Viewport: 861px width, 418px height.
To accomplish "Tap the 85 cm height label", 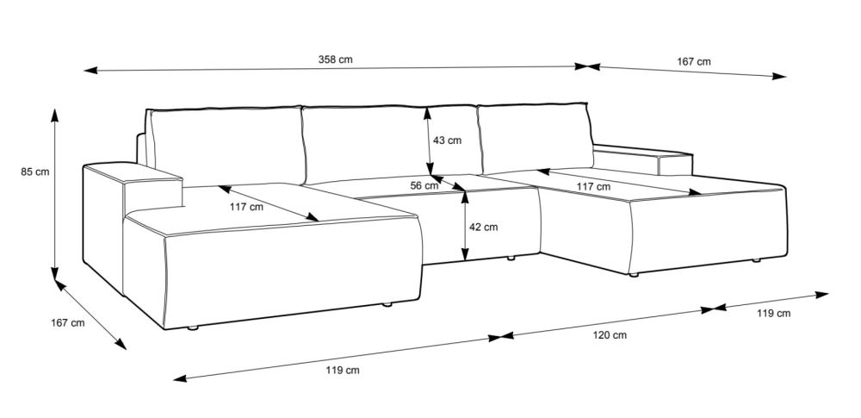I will click(35, 172).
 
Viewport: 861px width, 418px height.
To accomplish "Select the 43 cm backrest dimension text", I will click(448, 140).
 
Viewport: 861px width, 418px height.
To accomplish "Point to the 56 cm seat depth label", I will click(424, 185).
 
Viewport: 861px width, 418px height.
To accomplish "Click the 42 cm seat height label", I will click(483, 228).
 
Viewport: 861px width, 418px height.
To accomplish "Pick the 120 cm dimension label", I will click(609, 334).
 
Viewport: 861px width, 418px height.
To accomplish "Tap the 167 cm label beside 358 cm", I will click(693, 62).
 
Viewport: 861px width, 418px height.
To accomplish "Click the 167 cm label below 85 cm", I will click(67, 323).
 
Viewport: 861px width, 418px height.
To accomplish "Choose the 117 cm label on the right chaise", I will click(592, 186).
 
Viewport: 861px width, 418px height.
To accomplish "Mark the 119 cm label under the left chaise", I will click(342, 371).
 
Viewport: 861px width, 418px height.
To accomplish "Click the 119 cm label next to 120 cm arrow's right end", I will click(773, 314).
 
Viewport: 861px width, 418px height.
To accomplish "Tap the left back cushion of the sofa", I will click(226, 147).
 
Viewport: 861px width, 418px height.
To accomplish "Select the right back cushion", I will click(534, 138).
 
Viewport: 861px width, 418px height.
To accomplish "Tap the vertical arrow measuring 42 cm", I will click(464, 226).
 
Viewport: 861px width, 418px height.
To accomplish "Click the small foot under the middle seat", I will click(511, 258).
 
